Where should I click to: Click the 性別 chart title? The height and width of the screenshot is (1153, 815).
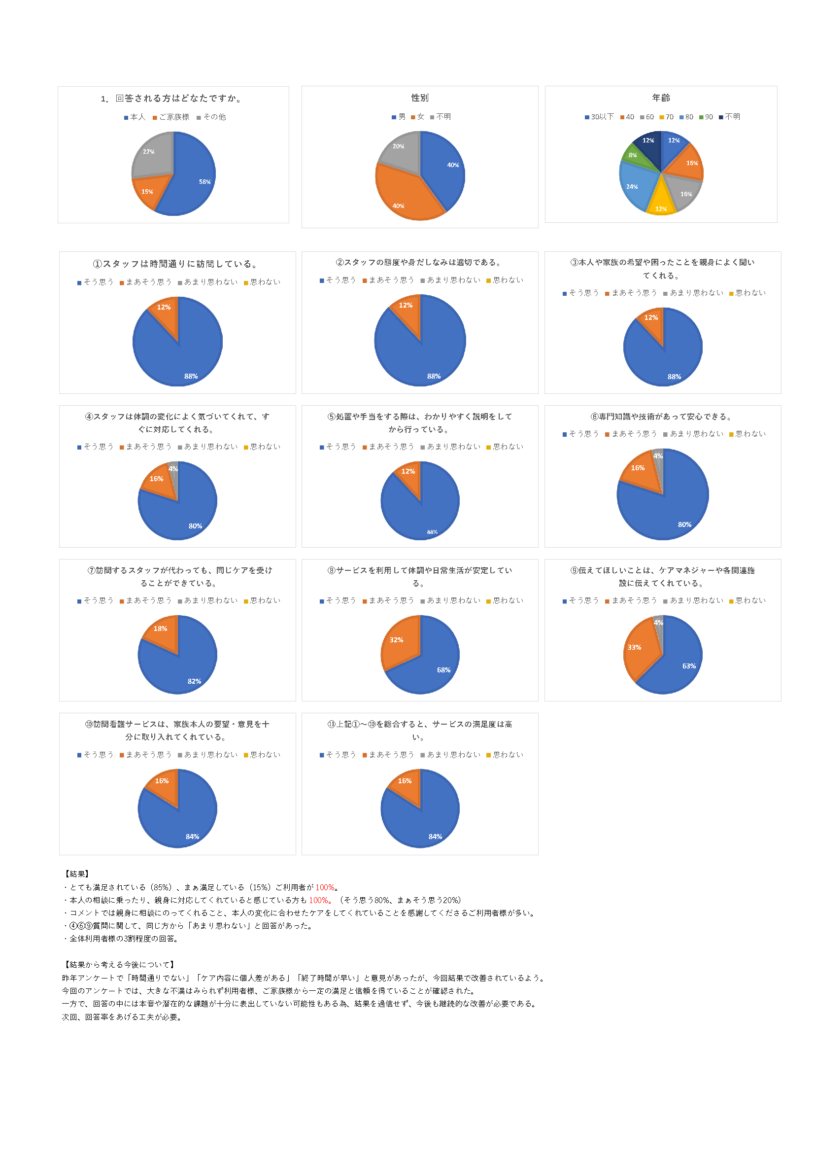[x=419, y=98]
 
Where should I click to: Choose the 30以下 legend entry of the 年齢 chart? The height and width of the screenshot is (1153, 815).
[x=599, y=117]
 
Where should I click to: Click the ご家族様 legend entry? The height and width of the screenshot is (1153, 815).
[x=171, y=117]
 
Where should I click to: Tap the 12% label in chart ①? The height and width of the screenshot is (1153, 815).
[x=164, y=307]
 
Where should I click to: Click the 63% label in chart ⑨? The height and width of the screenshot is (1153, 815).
[x=688, y=666]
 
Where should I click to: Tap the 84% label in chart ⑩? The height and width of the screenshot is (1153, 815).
[x=192, y=837]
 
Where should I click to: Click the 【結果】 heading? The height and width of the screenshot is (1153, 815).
[x=77, y=874]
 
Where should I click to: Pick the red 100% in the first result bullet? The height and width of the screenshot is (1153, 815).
[x=325, y=888]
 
